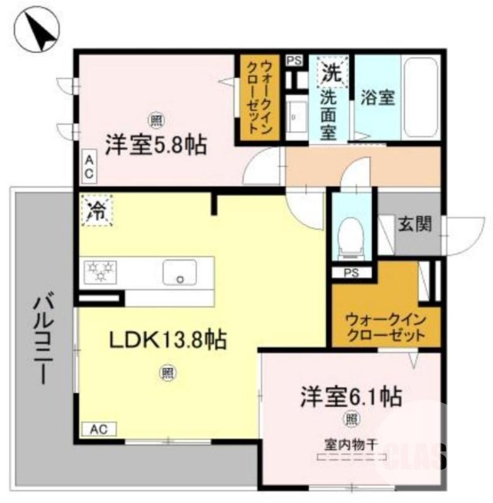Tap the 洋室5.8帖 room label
point(156,145)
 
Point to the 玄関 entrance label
point(414,223)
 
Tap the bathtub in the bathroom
point(420,97)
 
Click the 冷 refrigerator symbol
point(96,209)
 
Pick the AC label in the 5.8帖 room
point(89,166)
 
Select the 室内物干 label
point(347,443)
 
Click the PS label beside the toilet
point(351,273)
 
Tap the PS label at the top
point(293,61)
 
